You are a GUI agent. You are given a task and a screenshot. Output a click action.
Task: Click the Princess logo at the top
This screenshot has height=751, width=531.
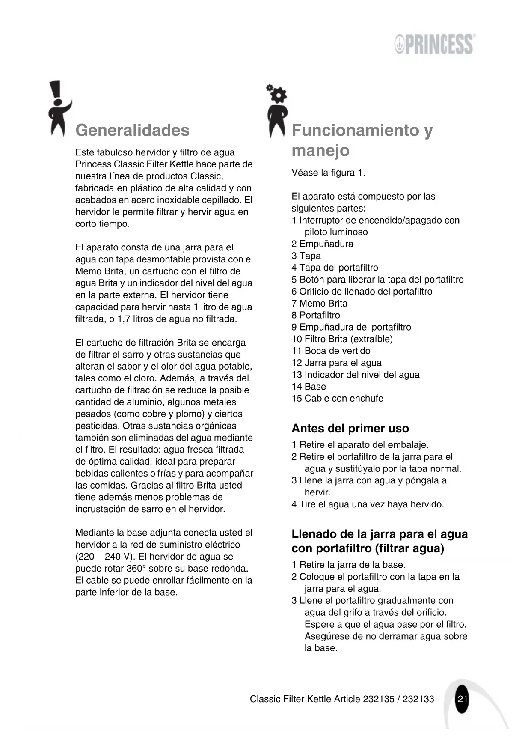pos(434,44)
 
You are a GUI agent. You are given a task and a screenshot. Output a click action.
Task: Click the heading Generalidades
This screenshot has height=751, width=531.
pos(132,130)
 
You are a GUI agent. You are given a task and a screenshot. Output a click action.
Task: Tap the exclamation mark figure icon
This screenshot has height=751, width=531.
pos(58,109)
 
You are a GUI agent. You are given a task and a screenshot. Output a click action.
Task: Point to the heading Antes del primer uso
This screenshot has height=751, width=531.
pos(350,429)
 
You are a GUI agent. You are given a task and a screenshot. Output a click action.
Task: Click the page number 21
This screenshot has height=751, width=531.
pos(462,699)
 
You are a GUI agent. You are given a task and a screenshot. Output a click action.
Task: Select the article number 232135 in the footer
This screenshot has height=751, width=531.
pos(378,699)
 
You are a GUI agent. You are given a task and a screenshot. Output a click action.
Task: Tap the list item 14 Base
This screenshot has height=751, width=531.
pos(309,387)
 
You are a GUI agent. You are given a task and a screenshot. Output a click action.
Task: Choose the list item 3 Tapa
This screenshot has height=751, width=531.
pos(306,256)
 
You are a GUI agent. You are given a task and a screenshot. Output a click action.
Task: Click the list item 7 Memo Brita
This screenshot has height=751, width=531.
pos(319,304)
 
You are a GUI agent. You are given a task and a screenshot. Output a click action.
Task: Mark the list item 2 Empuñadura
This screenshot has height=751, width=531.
pos(322,244)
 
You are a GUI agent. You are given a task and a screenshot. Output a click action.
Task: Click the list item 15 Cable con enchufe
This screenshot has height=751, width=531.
pos(337,399)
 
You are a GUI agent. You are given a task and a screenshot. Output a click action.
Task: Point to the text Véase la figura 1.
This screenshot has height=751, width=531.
pos(328,173)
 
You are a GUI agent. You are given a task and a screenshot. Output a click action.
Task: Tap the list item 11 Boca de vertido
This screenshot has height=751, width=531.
pos(331,351)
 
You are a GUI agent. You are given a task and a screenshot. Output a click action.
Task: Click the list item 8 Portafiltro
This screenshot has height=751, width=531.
pos(316,316)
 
